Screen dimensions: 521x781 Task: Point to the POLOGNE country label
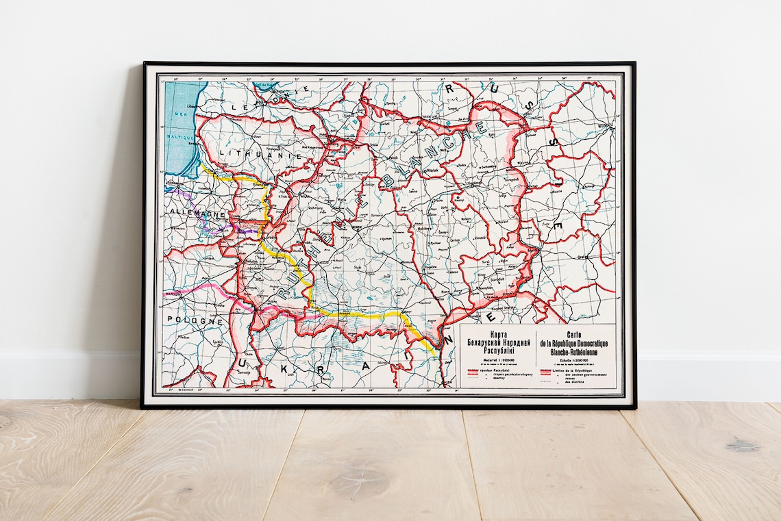pos(193,320)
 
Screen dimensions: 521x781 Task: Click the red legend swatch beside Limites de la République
pos(546,372)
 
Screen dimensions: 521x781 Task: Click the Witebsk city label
pos(431,167)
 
